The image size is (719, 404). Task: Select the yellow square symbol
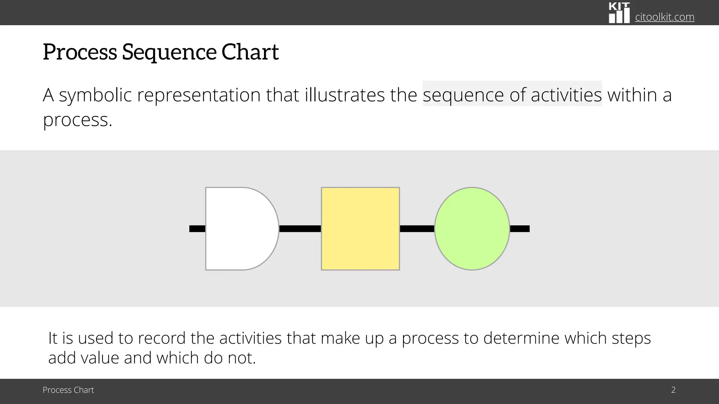[360, 229]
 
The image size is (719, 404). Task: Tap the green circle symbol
[472, 229]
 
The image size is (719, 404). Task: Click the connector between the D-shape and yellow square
[300, 229]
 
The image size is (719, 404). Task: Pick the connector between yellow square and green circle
[417, 229]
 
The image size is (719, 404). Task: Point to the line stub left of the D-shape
[197, 229]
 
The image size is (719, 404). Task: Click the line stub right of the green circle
[520, 229]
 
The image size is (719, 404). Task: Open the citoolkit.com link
[665, 17]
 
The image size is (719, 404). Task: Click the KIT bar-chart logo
[619, 13]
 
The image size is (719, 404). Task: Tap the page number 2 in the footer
[673, 390]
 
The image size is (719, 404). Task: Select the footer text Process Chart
[68, 390]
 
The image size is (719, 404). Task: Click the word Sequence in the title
[169, 52]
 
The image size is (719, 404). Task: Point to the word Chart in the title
[250, 52]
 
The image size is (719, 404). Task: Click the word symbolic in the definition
[95, 95]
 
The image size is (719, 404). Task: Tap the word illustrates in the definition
[345, 95]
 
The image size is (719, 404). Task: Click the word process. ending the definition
[77, 120]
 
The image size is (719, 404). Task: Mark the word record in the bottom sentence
[161, 338]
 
